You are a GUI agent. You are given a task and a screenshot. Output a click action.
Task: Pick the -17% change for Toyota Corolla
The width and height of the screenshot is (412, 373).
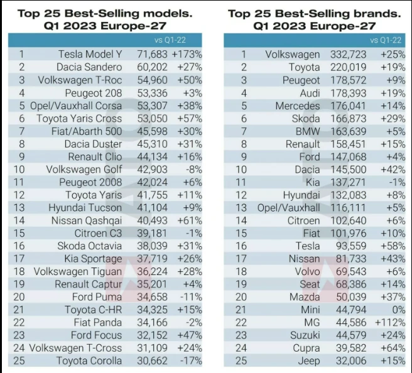point(190,360)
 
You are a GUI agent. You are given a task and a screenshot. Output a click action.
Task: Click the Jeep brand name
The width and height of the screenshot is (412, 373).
point(308,360)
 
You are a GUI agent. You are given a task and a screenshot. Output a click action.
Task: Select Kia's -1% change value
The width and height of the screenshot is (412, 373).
point(394,182)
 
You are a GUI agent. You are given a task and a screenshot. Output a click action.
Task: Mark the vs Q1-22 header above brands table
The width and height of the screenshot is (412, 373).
point(388,40)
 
